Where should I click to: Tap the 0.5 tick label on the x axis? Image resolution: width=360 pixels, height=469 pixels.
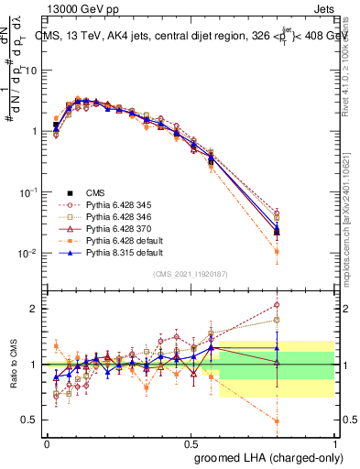click(x=191, y=442)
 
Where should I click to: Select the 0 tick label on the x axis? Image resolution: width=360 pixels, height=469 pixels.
click(x=47, y=442)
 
